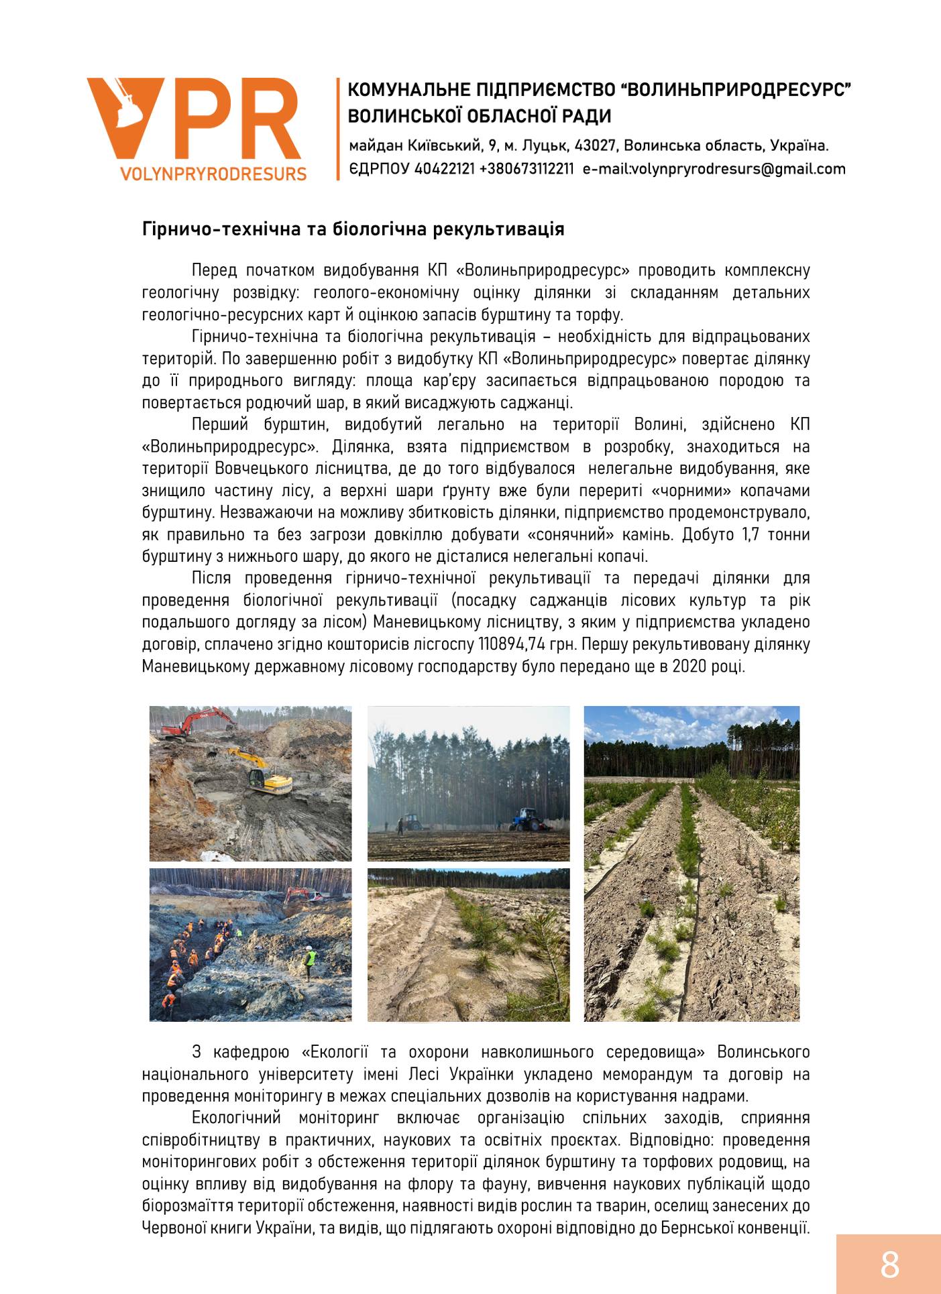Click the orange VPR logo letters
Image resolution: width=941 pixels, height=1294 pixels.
(x=195, y=119)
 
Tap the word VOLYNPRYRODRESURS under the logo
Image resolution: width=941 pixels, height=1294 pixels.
(x=213, y=174)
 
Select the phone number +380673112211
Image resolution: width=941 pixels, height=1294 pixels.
(x=527, y=169)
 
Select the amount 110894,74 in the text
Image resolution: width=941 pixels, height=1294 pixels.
(x=513, y=644)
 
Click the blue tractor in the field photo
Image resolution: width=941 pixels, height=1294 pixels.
(x=528, y=819)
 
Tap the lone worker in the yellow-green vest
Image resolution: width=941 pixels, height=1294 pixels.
(x=310, y=957)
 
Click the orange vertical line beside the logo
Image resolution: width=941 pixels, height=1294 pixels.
(x=338, y=129)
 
